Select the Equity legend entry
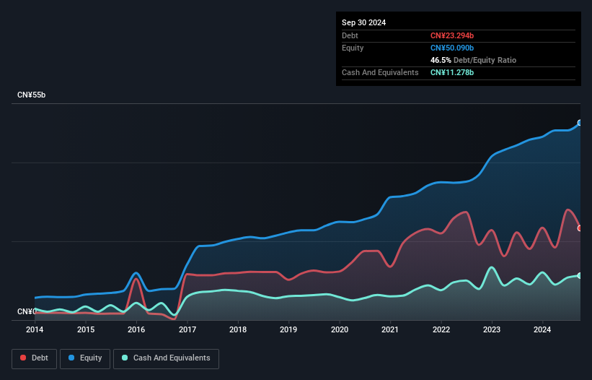(85, 358)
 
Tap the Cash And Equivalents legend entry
(166, 358)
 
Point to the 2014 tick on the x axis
(35, 329)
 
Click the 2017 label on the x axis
(187, 329)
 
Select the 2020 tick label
(340, 329)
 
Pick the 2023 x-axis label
(492, 329)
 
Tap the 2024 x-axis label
(543, 329)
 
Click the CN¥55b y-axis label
(32, 95)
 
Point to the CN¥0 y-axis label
(27, 311)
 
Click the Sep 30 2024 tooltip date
(363, 22)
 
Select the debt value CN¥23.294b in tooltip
(452, 35)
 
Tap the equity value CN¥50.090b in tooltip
(452, 48)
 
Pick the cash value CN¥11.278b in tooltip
(452, 72)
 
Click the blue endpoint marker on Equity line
(580, 123)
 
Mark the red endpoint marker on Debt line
(580, 228)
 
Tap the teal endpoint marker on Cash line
(580, 275)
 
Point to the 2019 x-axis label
(289, 329)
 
